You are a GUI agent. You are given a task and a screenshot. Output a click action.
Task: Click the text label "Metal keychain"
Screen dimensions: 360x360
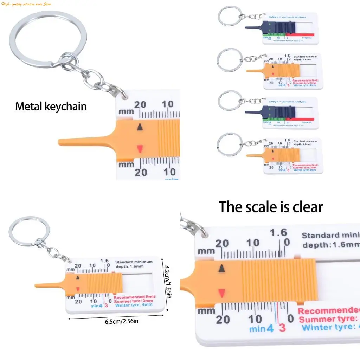pyautogui.click(x=51, y=106)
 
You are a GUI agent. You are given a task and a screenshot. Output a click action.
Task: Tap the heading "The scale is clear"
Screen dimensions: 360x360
pyautogui.click(x=270, y=207)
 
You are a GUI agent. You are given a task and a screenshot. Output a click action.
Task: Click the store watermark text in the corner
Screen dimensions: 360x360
pyautogui.click(x=27, y=4)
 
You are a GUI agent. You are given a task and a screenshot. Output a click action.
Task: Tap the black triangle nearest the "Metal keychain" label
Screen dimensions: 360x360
pyautogui.click(x=140, y=127)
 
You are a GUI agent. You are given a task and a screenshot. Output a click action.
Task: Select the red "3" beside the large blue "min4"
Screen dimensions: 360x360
pyautogui.click(x=282, y=328)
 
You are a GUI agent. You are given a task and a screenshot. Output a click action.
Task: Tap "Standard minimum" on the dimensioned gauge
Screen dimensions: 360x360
pyautogui.click(x=134, y=262)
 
